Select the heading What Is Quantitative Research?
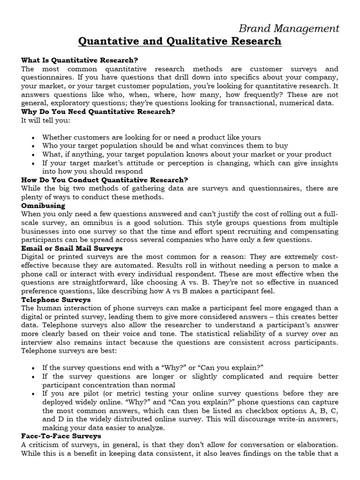(x=80, y=60)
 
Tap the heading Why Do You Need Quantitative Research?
(x=98, y=111)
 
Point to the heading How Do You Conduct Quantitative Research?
(x=105, y=180)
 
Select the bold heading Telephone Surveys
(x=56, y=299)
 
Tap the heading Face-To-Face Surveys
(x=61, y=436)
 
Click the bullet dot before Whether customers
(x=32, y=138)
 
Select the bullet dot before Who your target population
(x=32, y=146)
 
